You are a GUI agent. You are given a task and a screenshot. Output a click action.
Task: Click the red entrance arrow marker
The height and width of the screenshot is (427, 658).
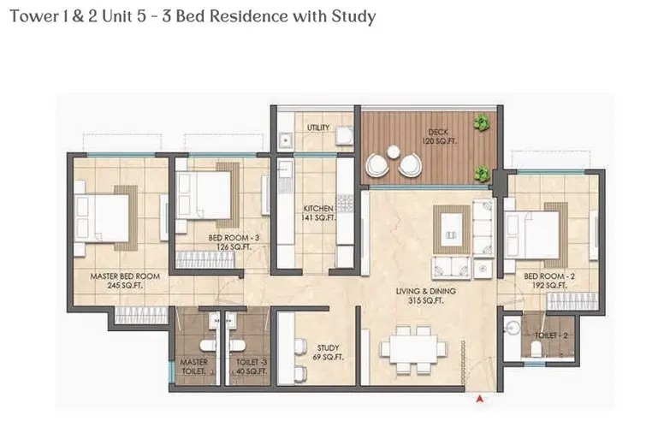(480, 399)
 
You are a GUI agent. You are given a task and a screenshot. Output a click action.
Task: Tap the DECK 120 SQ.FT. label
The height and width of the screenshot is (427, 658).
(439, 136)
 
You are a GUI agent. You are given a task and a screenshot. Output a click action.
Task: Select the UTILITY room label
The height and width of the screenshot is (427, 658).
(318, 128)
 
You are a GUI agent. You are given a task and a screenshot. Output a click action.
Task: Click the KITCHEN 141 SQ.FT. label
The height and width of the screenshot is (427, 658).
(319, 213)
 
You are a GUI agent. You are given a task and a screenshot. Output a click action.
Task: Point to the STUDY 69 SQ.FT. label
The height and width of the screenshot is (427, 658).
(329, 353)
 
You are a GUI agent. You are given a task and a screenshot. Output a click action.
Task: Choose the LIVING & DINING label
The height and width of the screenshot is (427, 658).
(426, 291)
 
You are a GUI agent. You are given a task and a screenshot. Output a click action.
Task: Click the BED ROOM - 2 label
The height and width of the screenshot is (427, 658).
(548, 276)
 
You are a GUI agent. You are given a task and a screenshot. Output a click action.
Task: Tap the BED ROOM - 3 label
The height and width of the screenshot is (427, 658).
(234, 238)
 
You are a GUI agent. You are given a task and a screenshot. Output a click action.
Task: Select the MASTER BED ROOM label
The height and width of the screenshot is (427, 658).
(125, 276)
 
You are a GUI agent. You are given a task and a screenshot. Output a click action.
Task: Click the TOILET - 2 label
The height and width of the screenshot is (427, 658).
(551, 335)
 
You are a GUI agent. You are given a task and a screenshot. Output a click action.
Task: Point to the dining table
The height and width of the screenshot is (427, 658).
(413, 349)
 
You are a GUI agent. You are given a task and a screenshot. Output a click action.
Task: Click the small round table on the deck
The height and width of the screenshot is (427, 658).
(394, 151)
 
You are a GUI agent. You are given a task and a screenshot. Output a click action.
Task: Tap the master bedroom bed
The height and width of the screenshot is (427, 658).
(102, 217)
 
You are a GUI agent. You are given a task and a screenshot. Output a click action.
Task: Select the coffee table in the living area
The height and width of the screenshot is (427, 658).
(452, 229)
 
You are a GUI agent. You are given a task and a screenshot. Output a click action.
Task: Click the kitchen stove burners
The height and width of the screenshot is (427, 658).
(345, 203)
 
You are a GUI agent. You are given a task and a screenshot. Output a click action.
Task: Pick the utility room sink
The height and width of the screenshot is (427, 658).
(285, 139)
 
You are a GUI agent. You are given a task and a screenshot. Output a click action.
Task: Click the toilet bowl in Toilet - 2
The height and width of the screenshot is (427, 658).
(536, 349)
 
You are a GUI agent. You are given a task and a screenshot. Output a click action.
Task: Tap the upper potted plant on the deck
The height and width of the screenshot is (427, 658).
(483, 122)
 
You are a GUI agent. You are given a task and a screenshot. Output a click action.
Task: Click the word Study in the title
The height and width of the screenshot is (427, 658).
(353, 17)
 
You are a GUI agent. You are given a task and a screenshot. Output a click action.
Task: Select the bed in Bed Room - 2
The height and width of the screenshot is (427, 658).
(532, 235)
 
